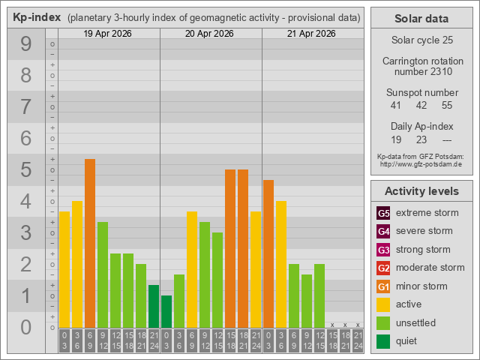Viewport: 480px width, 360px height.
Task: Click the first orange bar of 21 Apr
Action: (x=268, y=253)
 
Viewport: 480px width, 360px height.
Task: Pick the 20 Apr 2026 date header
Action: (x=211, y=34)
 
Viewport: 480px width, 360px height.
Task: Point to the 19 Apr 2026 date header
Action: (x=109, y=34)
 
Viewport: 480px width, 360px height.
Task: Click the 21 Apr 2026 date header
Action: (x=312, y=34)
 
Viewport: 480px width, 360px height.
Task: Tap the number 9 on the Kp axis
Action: (x=25, y=44)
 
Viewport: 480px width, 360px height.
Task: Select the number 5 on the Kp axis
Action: (x=25, y=170)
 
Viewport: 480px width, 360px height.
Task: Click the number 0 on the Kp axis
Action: (x=25, y=327)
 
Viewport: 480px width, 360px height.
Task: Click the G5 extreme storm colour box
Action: (x=383, y=213)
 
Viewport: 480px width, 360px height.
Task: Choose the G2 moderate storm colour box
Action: (x=383, y=268)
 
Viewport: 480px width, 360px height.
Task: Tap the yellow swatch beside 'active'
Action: (x=383, y=304)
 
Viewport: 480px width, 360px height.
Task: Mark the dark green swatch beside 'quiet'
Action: (x=383, y=341)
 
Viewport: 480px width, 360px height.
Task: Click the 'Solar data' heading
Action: (x=421, y=19)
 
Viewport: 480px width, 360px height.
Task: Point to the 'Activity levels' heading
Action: (x=421, y=190)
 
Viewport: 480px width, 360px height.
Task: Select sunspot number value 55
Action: (x=447, y=105)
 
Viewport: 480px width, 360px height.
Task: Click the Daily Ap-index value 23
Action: (x=421, y=139)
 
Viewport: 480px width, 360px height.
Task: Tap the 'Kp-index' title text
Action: (x=37, y=17)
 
